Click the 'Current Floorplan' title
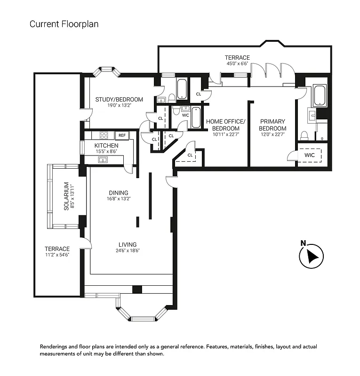(x=64, y=23)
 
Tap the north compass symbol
(x=310, y=256)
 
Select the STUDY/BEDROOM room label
(x=119, y=99)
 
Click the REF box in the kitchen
(x=122, y=135)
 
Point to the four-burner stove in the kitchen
(x=104, y=135)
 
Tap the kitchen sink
(x=103, y=160)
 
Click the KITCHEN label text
(x=106, y=146)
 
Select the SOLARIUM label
(x=66, y=196)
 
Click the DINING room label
(x=119, y=193)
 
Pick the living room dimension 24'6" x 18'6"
(x=128, y=251)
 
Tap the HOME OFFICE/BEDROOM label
(x=226, y=125)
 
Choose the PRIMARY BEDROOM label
(x=272, y=125)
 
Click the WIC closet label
(x=310, y=155)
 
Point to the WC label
(x=185, y=115)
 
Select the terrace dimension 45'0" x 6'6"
(x=237, y=64)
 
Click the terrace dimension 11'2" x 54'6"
(x=57, y=255)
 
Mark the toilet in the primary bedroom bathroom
(x=304, y=136)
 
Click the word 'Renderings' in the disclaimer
(x=56, y=347)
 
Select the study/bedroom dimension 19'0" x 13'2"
(x=119, y=105)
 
